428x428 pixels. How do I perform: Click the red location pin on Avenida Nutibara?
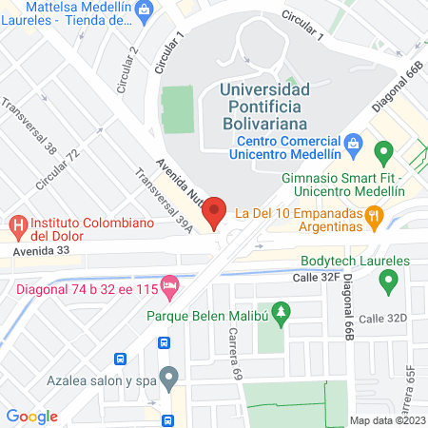pos(214,210)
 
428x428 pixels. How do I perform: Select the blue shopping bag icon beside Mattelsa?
pos(145,12)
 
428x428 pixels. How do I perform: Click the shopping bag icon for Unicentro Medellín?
pos(354,143)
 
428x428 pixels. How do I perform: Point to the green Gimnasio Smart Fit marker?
pos(383,152)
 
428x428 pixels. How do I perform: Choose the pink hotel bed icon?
pos(170,284)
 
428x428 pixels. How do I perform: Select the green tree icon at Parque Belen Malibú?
pos(280,310)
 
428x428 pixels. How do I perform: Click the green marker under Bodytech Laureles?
pos(388,282)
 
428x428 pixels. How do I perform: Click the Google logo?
pos(31,416)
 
